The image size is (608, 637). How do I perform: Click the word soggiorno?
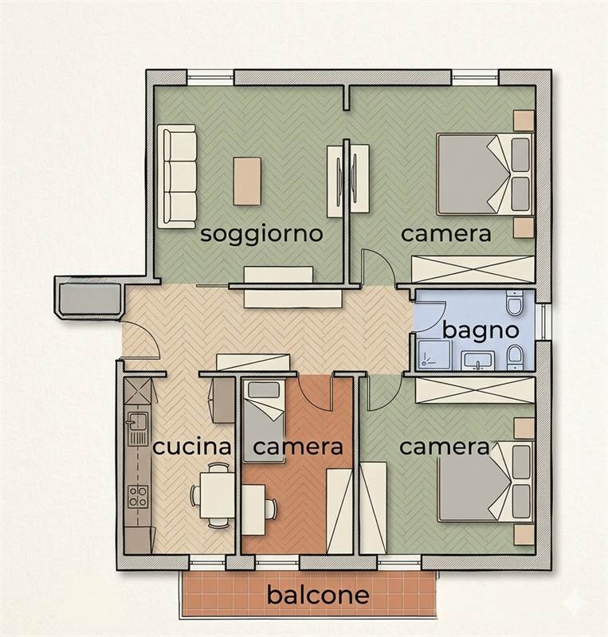[x=261, y=235]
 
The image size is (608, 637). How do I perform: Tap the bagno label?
[x=481, y=330]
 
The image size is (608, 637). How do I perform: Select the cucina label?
[x=191, y=447]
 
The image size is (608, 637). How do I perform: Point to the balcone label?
[x=318, y=595]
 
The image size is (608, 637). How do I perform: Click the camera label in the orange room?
[x=298, y=447]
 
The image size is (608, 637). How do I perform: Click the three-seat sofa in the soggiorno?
[x=178, y=177]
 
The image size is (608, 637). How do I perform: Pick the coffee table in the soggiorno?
[x=247, y=182]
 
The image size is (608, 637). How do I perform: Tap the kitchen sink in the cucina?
[x=138, y=423]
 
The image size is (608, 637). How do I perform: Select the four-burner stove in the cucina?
[x=138, y=497]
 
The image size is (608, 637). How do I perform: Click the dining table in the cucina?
[x=218, y=494]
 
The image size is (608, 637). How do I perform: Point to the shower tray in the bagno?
[x=434, y=354]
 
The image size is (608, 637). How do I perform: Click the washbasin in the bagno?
[x=478, y=361]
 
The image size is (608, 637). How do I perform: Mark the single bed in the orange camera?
[x=265, y=421]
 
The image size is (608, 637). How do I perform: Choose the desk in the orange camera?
[x=253, y=510]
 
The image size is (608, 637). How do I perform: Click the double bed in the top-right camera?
[x=485, y=174]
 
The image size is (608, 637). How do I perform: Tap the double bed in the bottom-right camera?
[x=485, y=482]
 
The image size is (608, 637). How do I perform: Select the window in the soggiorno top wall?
[x=210, y=77]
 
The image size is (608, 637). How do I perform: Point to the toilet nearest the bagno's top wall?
[x=515, y=303]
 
